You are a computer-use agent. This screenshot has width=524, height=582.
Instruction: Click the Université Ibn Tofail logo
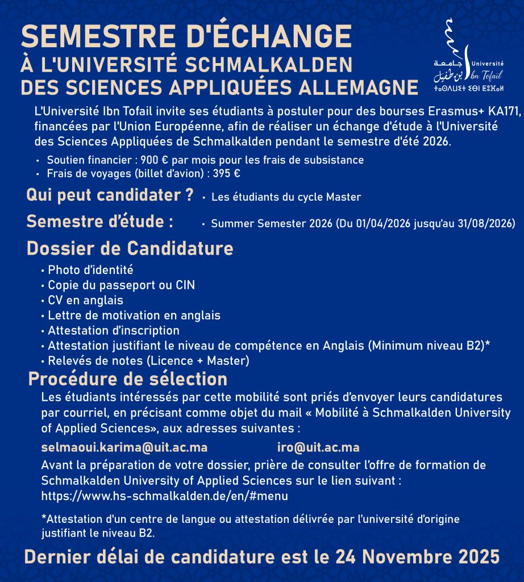pos(471,57)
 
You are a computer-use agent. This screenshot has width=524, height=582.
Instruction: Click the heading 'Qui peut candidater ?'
pos(110,196)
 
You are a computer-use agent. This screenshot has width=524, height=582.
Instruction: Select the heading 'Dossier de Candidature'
pos(130,248)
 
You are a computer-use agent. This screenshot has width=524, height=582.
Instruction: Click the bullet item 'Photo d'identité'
pos(90,270)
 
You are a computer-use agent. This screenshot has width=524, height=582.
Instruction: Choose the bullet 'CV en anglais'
pos(85,300)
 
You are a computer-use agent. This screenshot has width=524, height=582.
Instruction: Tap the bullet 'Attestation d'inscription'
pos(114,330)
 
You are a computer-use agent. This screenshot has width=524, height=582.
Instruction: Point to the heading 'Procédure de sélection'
pos(128,379)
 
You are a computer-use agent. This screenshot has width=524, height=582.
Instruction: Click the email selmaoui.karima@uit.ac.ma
pos(124,447)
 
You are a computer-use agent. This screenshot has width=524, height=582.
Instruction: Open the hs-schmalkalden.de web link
pos(165,496)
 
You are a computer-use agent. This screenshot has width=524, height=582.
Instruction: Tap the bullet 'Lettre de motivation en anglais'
pos(134,315)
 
